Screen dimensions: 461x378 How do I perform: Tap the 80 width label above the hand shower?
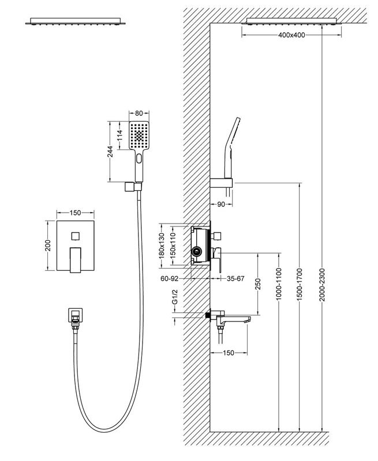[x=139, y=115]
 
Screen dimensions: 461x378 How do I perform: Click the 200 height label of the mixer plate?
[x=49, y=245]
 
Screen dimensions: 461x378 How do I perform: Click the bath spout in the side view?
[x=233, y=318]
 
